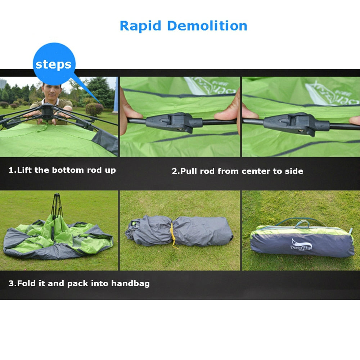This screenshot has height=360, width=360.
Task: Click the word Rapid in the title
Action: (140, 26)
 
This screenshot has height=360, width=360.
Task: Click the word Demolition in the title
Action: (207, 26)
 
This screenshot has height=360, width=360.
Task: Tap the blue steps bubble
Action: (54, 64)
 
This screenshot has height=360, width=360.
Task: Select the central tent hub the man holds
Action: (47, 111)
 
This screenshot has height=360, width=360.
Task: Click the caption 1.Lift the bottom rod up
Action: (62, 170)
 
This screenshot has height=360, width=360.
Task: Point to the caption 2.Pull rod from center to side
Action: (237, 171)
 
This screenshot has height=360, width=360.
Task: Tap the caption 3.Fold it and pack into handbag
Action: (79, 283)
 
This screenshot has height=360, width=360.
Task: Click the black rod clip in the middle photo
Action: (169, 122)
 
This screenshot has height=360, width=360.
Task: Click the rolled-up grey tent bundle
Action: (180, 231)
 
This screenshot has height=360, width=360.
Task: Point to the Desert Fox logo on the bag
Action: (301, 245)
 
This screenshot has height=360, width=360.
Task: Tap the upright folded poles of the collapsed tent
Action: (57, 209)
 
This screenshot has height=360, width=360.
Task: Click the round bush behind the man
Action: (94, 109)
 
